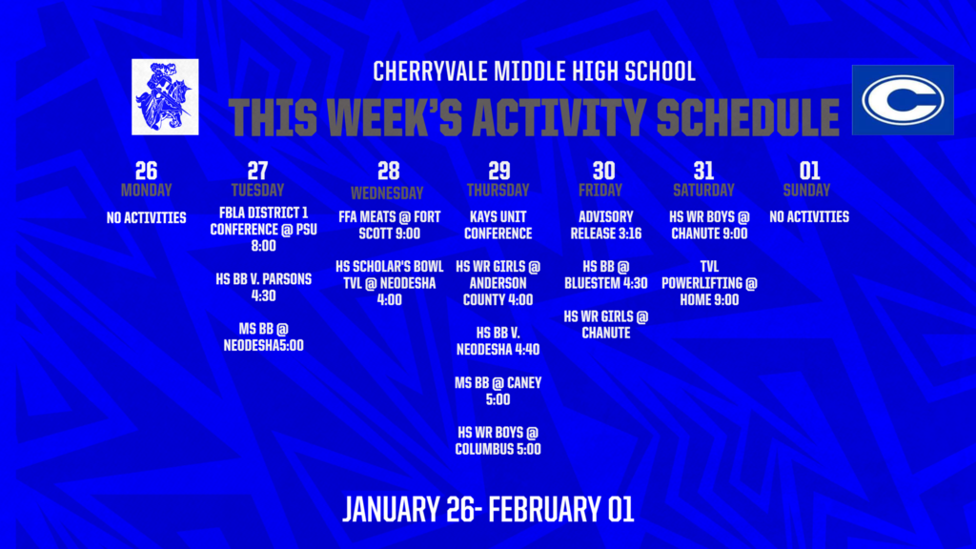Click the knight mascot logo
click(x=165, y=96)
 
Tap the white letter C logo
click(x=902, y=100)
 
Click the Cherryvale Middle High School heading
click(x=534, y=71)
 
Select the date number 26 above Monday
click(x=146, y=171)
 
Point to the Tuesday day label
click(x=257, y=190)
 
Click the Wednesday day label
click(x=388, y=193)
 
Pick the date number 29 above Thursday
click(x=499, y=171)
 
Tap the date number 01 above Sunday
click(x=809, y=171)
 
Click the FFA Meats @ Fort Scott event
click(x=389, y=225)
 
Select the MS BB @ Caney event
click(x=498, y=391)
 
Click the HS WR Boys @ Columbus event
click(x=498, y=440)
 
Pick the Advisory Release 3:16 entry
click(x=604, y=225)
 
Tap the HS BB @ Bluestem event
click(x=605, y=274)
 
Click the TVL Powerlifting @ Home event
click(x=709, y=282)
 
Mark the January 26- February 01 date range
click(x=488, y=509)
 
